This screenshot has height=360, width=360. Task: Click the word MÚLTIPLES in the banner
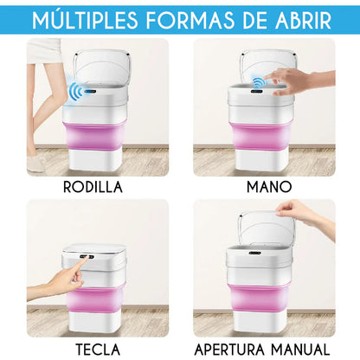[85, 20]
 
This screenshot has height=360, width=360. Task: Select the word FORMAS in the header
[190, 21]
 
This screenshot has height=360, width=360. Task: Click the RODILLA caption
[93, 187]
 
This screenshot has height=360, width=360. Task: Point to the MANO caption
[269, 187]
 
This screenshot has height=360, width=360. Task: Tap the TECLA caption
[98, 350]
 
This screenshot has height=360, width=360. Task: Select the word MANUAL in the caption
[300, 350]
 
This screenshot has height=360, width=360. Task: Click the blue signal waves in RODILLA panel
[75, 92]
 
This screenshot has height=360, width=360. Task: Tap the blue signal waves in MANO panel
[259, 82]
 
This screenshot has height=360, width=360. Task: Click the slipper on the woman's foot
[35, 164]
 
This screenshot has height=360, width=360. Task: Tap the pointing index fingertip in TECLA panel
[86, 259]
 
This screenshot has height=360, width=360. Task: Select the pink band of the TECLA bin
[94, 299]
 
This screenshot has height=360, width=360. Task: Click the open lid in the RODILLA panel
[102, 67]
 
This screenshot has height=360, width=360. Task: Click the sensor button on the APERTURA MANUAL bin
[255, 253]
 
